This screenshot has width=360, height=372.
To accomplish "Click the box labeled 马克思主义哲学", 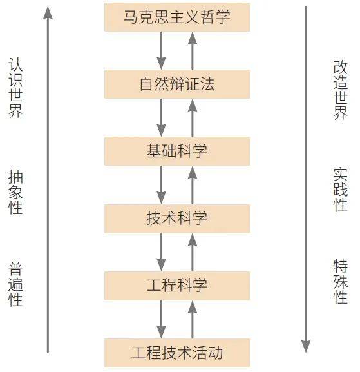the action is (x=177, y=17).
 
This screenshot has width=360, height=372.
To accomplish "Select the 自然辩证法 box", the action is (x=177, y=84).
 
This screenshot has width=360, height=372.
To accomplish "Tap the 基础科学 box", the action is (x=177, y=151).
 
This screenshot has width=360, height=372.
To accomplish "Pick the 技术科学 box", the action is (x=177, y=219).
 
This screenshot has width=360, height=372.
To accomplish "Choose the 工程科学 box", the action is (x=177, y=286).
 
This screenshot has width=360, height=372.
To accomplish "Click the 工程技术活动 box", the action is (x=177, y=353).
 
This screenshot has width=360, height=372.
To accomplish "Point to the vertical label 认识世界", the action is (x=15, y=88).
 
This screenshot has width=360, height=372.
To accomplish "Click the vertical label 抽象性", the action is (x=15, y=192).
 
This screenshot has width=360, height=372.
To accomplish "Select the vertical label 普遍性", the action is (x=15, y=284).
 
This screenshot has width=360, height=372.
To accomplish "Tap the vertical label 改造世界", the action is (x=340, y=90).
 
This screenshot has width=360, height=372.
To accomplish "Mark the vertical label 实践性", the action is (x=340, y=190).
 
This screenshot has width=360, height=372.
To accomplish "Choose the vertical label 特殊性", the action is (x=340, y=282).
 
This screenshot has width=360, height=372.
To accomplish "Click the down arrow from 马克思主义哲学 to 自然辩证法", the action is (x=162, y=50).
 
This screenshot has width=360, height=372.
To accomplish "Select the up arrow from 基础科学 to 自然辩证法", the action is (x=192, y=118).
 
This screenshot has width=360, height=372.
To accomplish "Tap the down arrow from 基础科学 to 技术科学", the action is (x=162, y=185).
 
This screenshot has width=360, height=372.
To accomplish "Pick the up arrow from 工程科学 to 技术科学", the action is (x=192, y=252).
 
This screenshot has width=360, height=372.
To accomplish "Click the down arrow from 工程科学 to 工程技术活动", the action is (x=162, y=319).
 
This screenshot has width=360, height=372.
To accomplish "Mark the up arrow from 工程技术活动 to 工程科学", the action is (x=192, y=320).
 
